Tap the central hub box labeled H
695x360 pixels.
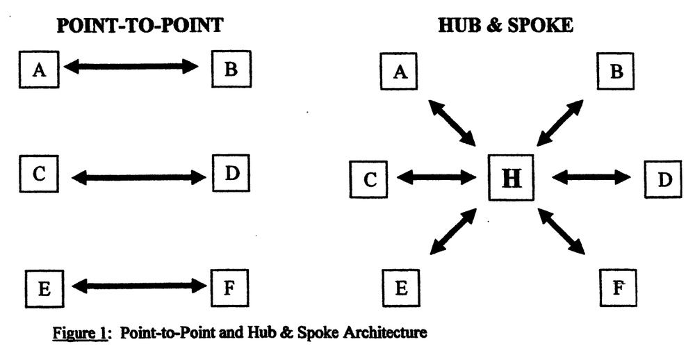pyautogui.click(x=511, y=178)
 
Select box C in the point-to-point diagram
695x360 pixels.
pyautogui.click(x=40, y=174)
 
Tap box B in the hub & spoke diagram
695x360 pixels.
pyautogui.click(x=616, y=72)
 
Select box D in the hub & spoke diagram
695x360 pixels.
pyautogui.click(x=664, y=179)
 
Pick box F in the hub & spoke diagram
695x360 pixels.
pyautogui.click(x=616, y=287)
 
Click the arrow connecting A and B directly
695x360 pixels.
pyautogui.click(x=131, y=67)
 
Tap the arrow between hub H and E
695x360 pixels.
pyautogui.click(x=454, y=231)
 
